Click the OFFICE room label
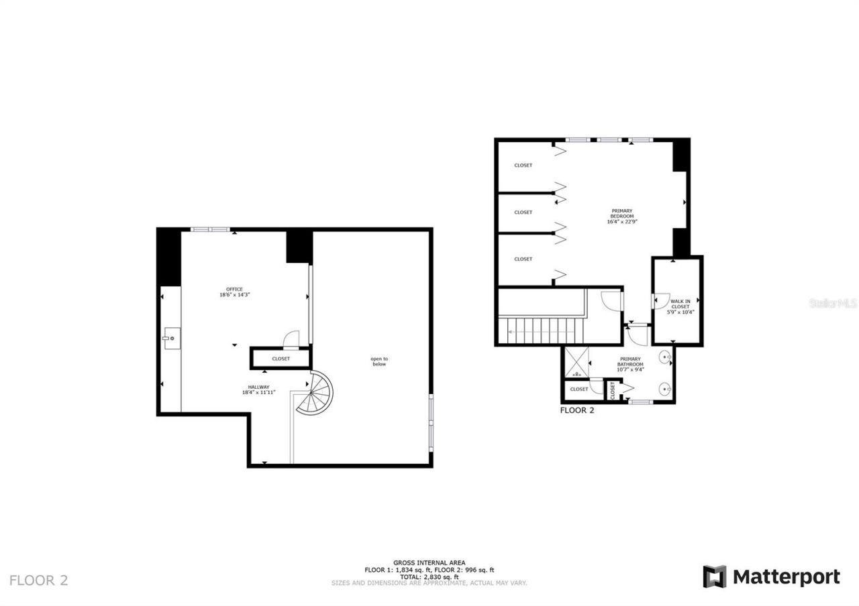(x=234, y=289)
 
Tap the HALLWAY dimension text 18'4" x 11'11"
(x=259, y=393)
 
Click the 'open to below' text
(x=379, y=361)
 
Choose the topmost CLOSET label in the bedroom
(x=523, y=166)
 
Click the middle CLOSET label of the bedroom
(x=523, y=213)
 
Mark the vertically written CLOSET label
(x=613, y=389)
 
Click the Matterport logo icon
(x=715, y=577)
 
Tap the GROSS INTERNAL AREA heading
(x=429, y=563)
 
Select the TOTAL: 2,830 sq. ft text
(x=429, y=577)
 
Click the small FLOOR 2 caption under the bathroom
(x=577, y=410)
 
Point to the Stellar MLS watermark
(x=833, y=303)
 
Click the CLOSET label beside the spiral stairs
(x=281, y=359)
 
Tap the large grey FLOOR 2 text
(x=38, y=581)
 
